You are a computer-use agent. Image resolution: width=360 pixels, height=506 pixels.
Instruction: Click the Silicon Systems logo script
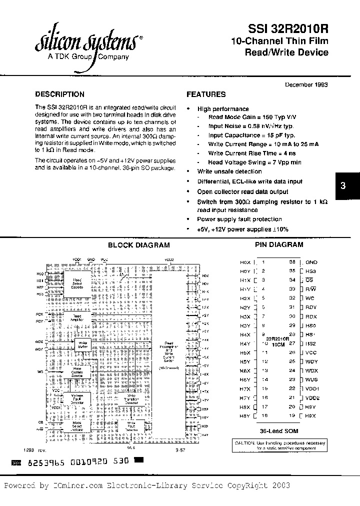[x=85, y=42]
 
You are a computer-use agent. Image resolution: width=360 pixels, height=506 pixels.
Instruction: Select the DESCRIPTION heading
[x=59, y=94]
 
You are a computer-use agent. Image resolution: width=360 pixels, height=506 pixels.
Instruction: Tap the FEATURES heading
[x=206, y=94]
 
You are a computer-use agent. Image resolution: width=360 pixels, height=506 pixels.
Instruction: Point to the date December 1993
[x=306, y=84]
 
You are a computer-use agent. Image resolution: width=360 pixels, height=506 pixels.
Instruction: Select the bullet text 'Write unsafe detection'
[x=229, y=171]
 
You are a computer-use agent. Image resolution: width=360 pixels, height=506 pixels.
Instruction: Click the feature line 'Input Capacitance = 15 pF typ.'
[x=251, y=135]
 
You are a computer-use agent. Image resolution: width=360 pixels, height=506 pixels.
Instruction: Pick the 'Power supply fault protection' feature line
[x=239, y=219]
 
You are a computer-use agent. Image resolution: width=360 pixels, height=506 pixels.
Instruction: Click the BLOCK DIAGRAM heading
[x=139, y=245]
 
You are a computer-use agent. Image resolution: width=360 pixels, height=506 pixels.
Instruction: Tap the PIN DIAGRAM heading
[x=279, y=244]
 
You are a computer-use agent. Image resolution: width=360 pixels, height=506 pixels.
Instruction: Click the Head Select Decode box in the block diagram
[x=77, y=284]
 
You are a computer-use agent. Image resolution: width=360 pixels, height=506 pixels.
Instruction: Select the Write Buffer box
[x=82, y=344]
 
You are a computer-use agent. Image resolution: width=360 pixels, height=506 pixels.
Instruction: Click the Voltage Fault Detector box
[x=77, y=398]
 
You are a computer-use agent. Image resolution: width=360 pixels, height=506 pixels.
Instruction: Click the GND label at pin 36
[x=311, y=262]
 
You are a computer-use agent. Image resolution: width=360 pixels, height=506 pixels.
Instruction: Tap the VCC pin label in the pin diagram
[x=311, y=352]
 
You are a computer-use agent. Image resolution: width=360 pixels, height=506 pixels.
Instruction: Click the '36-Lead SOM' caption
[x=278, y=430]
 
